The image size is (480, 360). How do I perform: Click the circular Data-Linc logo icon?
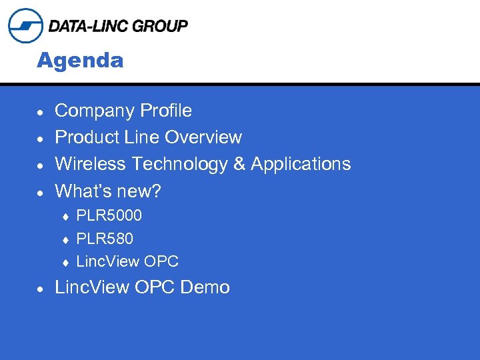tap(25, 26)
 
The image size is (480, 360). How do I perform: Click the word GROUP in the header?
tap(160, 26)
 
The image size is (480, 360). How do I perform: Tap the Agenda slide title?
tap(80, 61)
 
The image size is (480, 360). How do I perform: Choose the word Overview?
tap(203, 137)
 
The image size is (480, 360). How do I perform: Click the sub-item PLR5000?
tap(109, 216)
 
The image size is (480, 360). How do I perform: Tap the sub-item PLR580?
tap(105, 239)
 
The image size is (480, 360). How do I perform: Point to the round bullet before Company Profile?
tap(41, 112)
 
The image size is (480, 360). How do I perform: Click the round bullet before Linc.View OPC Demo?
tap(41, 289)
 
